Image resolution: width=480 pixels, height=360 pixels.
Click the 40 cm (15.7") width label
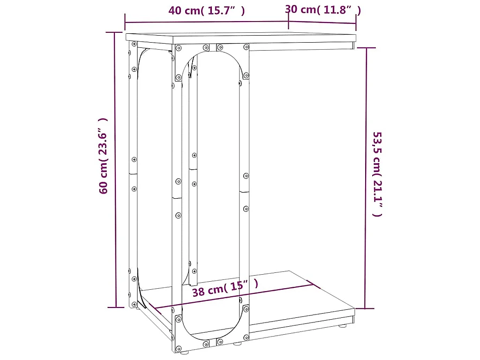(x=207, y=10)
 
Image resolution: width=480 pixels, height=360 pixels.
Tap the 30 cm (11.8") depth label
(x=323, y=9)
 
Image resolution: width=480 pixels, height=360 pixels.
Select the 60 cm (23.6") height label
(x=103, y=156)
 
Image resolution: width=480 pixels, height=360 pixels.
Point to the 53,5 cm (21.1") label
(x=377, y=174)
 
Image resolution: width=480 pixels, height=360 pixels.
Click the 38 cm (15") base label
(x=225, y=288)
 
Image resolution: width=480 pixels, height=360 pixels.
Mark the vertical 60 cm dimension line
(x=115, y=170)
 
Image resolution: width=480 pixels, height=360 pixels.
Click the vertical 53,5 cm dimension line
(x=366, y=178)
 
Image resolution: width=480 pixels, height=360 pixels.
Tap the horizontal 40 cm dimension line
(x=207, y=22)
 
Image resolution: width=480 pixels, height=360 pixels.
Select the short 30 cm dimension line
(x=322, y=22)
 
